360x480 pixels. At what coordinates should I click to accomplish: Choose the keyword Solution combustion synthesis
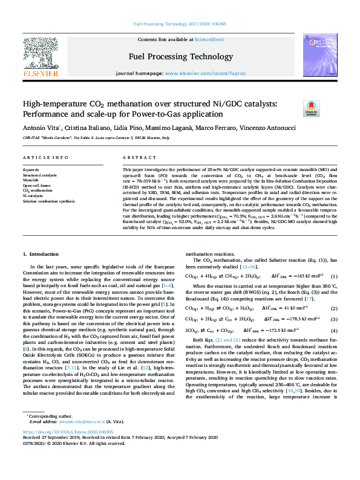coord(48,201)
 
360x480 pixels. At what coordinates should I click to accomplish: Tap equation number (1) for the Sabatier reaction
coord(333,276)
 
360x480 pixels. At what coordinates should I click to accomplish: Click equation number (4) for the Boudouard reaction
coord(333,331)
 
